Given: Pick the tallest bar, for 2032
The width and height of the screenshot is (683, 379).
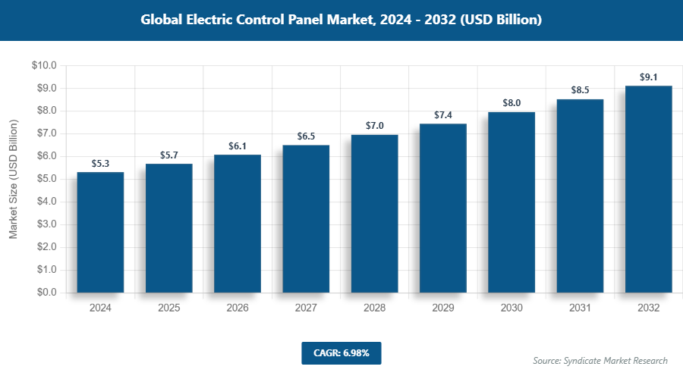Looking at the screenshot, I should point(648,189).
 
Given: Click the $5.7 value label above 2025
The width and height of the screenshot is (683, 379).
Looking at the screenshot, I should point(168,155).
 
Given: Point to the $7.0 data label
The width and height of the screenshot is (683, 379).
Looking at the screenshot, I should point(374,126).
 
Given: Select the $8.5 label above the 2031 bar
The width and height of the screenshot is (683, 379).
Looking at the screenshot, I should point(580,90).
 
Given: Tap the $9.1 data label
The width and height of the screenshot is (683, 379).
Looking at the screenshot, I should point(648,77).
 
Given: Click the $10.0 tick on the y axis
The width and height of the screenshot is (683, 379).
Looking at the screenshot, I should point(44,66).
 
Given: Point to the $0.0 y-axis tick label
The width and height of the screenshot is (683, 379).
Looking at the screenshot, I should point(46,293).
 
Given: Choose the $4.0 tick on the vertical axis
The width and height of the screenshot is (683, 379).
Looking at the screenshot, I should point(46,202).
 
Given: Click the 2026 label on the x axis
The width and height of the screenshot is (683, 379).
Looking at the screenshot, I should point(238,309).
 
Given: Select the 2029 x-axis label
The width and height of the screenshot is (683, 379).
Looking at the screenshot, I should point(443,309).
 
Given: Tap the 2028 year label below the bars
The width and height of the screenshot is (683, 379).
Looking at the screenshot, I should point(374,309).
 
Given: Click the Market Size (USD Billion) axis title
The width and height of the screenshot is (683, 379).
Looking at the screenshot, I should point(13,179).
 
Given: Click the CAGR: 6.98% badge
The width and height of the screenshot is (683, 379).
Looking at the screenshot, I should point(341,352).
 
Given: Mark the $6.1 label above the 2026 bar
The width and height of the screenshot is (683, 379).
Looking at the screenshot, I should point(238,146).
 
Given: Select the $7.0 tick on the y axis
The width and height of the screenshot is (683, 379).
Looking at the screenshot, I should point(46,133).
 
